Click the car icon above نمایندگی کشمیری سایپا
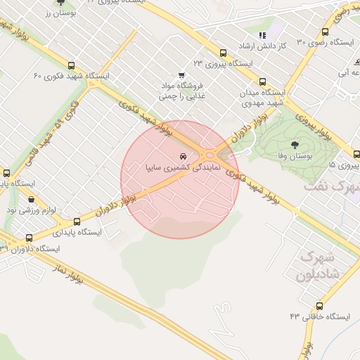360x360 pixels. (x=183, y=156)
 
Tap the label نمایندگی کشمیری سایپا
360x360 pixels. (x=182, y=169)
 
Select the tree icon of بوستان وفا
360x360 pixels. (x=293, y=143)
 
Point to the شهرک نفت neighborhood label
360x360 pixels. (x=332, y=188)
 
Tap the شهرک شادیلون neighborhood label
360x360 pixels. (x=319, y=264)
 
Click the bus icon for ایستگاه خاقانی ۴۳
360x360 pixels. (x=320, y=306)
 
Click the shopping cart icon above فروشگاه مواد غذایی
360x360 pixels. (x=181, y=75)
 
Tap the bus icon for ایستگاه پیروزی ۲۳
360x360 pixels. (x=223, y=53)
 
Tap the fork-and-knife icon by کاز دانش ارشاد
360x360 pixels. (x=262, y=34)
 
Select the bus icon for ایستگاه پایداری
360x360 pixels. (x=77, y=221)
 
